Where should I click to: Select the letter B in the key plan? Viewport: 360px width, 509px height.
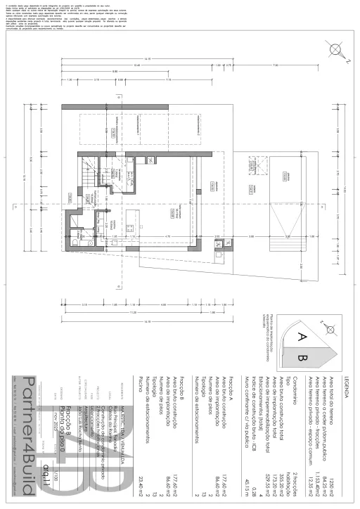[x=303, y=359]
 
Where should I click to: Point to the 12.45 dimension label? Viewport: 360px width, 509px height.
[x=136, y=66]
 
